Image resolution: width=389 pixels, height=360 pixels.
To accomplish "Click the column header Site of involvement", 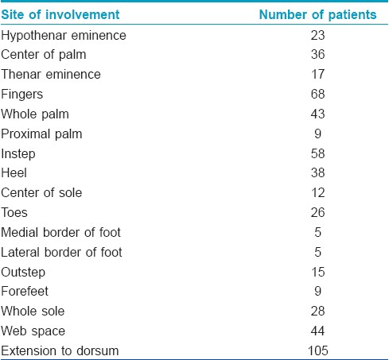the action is coord(60,14).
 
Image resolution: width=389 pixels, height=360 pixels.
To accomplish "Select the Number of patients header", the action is coord(317,14).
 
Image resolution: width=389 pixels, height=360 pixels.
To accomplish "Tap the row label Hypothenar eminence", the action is coord(64,36).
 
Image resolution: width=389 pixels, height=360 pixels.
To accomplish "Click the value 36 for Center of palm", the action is coord(317,54).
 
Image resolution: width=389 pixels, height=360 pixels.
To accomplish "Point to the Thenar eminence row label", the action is coord(51,74).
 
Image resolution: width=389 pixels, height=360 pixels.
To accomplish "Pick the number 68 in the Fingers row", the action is coord(317,94).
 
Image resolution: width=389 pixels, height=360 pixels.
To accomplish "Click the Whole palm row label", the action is coord(35,114).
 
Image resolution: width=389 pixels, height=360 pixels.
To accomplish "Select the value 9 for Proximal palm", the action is coord(317,134).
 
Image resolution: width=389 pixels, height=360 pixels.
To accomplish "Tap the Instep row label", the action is coord(18,154).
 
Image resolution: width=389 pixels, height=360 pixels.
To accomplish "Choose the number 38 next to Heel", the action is coord(317,172).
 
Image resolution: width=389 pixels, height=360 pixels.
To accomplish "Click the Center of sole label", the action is coord(41,192).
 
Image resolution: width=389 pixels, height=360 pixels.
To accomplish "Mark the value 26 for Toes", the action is coord(317,212).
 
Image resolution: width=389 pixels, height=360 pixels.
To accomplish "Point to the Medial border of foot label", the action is coord(60,232).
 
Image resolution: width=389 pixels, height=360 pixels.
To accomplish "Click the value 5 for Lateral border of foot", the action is coord(317,252).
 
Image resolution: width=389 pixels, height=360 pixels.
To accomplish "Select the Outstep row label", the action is coord(23,273).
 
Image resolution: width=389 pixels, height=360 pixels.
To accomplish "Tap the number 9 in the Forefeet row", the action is coord(317,291).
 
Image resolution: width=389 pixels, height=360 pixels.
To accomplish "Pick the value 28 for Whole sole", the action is coord(317,311).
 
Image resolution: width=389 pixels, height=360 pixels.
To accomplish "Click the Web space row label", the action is coord(33,331).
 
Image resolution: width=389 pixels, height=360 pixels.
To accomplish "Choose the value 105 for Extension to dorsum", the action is coord(318,350).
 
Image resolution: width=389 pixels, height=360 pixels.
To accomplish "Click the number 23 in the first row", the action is coord(317,35).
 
